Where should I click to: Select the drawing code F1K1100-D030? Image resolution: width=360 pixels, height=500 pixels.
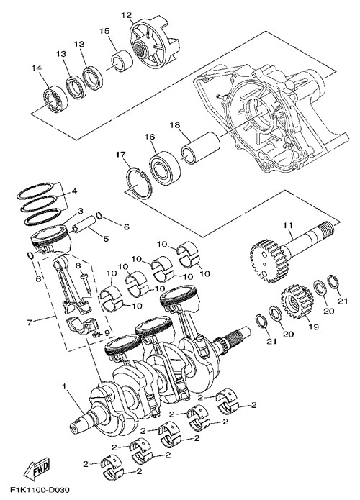[x=40, y=489]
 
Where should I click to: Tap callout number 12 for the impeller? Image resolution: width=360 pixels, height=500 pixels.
[x=127, y=15]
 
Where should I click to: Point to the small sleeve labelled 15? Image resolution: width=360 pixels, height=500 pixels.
[x=122, y=60]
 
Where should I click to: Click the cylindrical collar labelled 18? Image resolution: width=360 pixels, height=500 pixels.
[x=201, y=146]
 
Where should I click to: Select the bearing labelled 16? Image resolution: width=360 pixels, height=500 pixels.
[x=165, y=165]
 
